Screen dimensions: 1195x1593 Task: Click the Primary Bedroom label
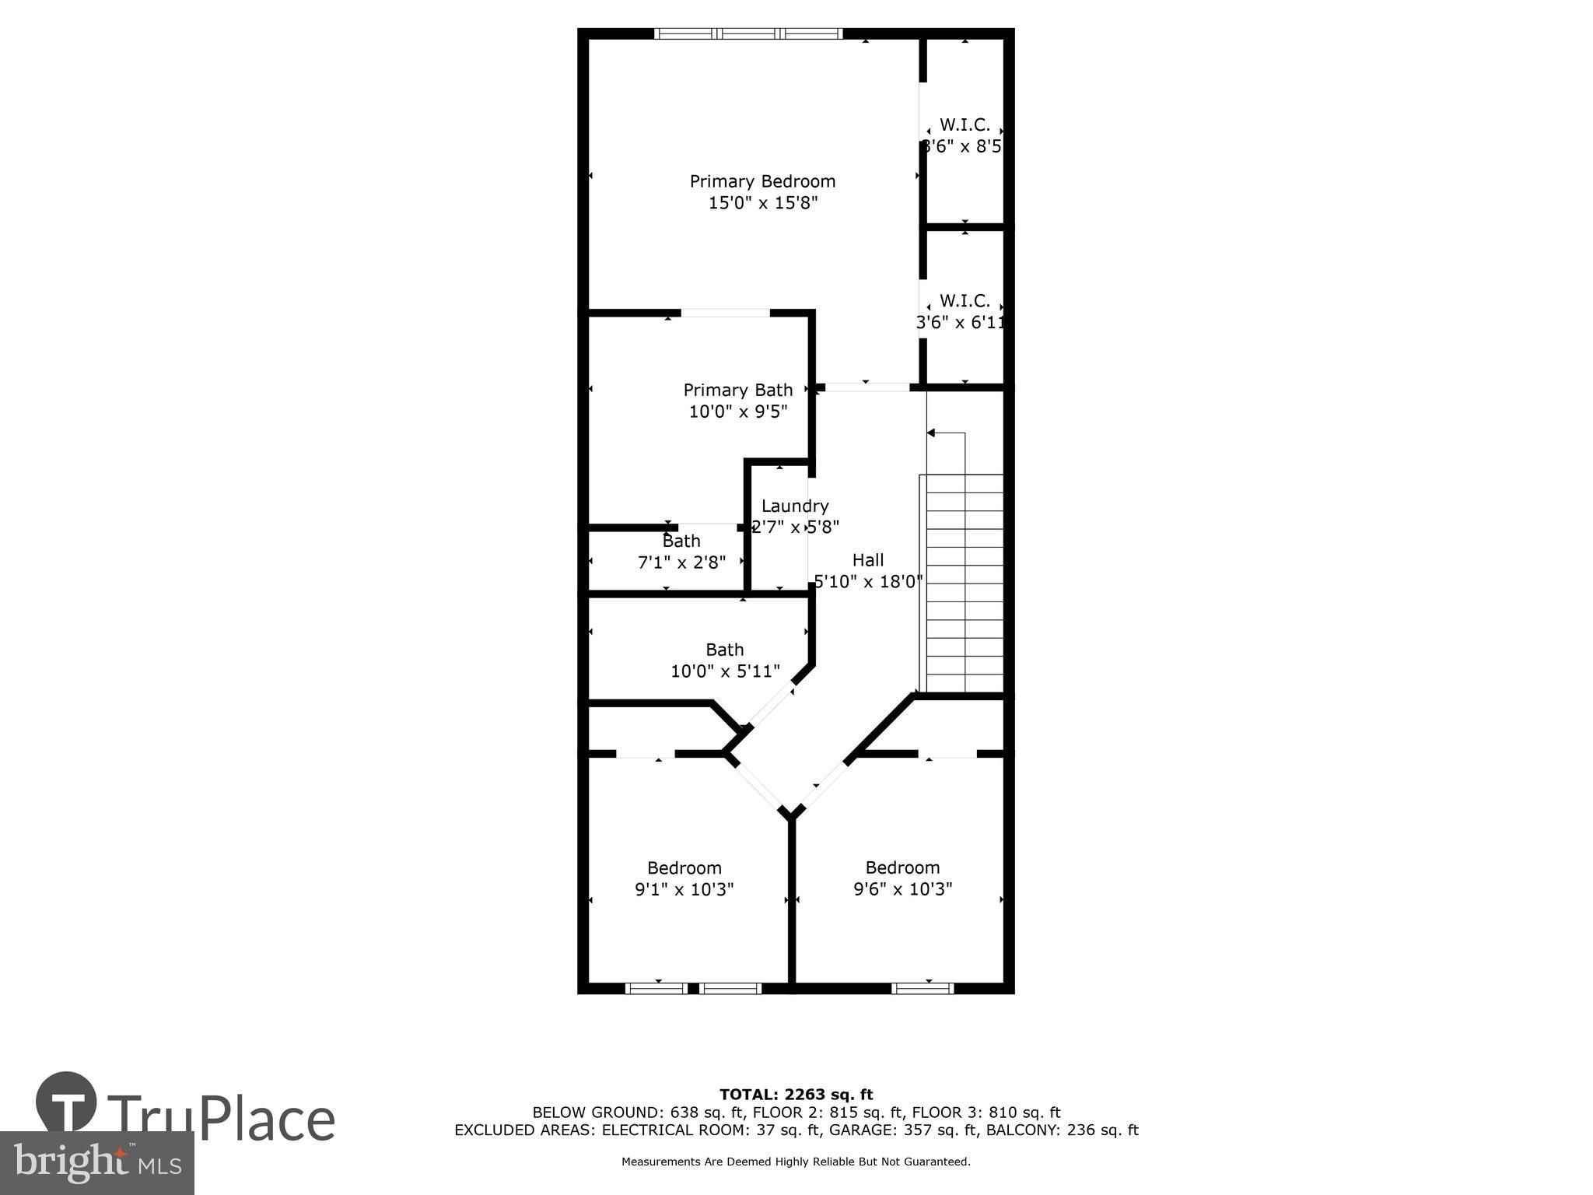762,181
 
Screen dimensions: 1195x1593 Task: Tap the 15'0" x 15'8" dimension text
762,203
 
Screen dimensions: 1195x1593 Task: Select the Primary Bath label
737,390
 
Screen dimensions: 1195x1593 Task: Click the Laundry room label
794,506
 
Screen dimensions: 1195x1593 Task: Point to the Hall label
867,560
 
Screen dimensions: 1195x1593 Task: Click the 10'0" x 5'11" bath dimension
725,671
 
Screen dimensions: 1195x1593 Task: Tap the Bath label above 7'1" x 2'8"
681,541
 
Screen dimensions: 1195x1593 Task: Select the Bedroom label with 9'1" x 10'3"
684,867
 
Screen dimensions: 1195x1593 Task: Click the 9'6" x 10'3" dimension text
902,888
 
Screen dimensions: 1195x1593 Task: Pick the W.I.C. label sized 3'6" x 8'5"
965,124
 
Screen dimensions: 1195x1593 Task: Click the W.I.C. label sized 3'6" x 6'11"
965,300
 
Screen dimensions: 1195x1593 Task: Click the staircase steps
963,583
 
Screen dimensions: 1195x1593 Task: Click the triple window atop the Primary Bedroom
747,33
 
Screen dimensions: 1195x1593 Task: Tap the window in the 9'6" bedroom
922,988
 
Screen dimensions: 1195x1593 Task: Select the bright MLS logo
96,1162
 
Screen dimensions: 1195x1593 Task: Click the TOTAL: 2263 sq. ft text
796,1095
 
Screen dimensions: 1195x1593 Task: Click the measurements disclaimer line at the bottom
796,1162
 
